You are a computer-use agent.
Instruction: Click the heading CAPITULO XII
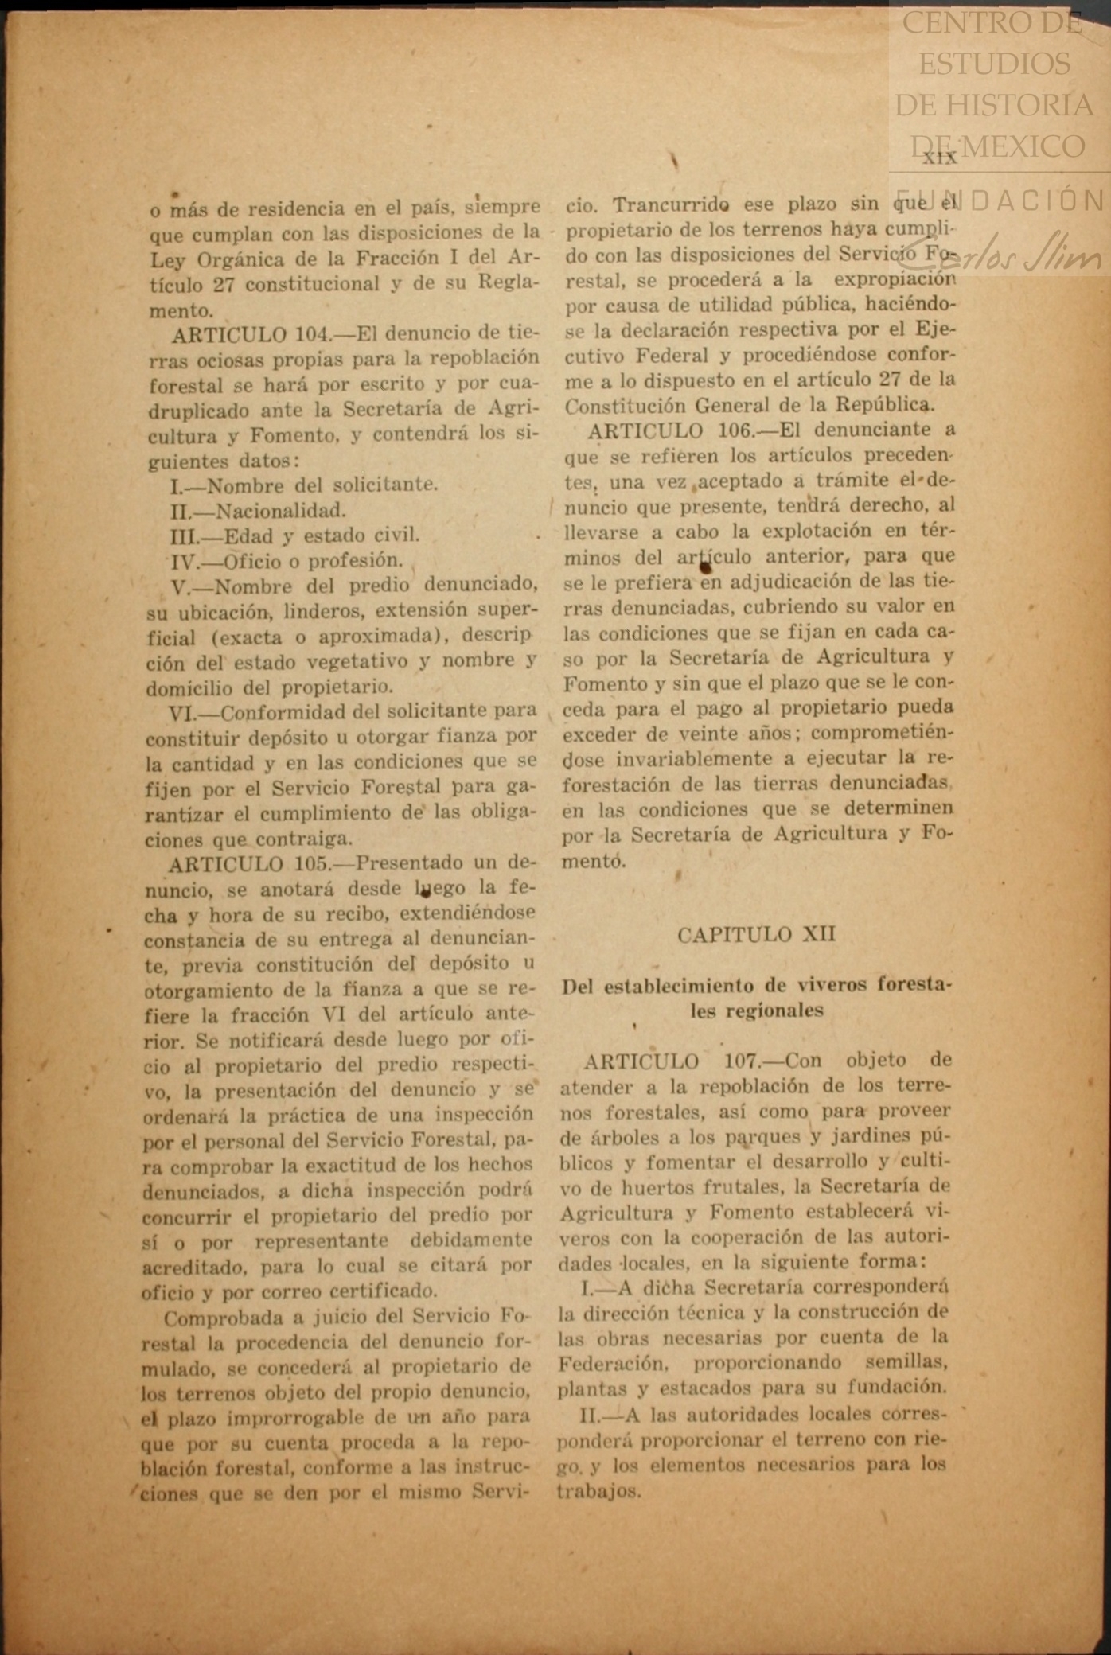(756, 934)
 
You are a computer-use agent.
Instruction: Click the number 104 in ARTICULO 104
(314, 334)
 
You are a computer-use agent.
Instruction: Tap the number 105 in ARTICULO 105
(311, 863)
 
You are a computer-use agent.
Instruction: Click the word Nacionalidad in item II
(281, 510)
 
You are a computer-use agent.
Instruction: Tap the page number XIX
(940, 158)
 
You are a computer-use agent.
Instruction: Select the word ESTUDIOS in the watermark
(994, 64)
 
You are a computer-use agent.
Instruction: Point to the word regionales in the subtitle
(756, 1011)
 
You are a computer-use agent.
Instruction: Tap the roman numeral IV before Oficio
(185, 562)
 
